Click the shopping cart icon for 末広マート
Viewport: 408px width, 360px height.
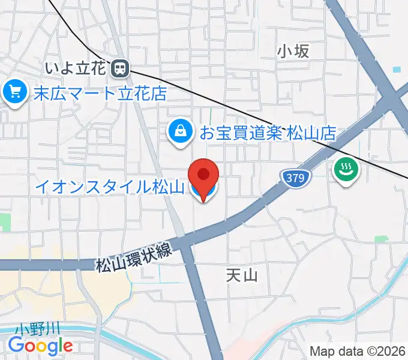13,92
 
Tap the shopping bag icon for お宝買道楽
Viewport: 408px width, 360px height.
179,130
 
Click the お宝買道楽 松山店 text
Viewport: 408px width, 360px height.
268,131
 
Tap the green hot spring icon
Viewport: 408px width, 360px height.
346,170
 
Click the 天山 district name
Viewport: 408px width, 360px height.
242,275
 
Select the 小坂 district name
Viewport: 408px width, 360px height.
293,52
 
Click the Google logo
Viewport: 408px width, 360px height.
40,346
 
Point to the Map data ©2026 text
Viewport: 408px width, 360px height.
357,351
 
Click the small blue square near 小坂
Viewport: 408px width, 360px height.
396,70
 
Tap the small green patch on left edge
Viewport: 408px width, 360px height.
5,221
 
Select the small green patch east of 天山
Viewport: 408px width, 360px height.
381,239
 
